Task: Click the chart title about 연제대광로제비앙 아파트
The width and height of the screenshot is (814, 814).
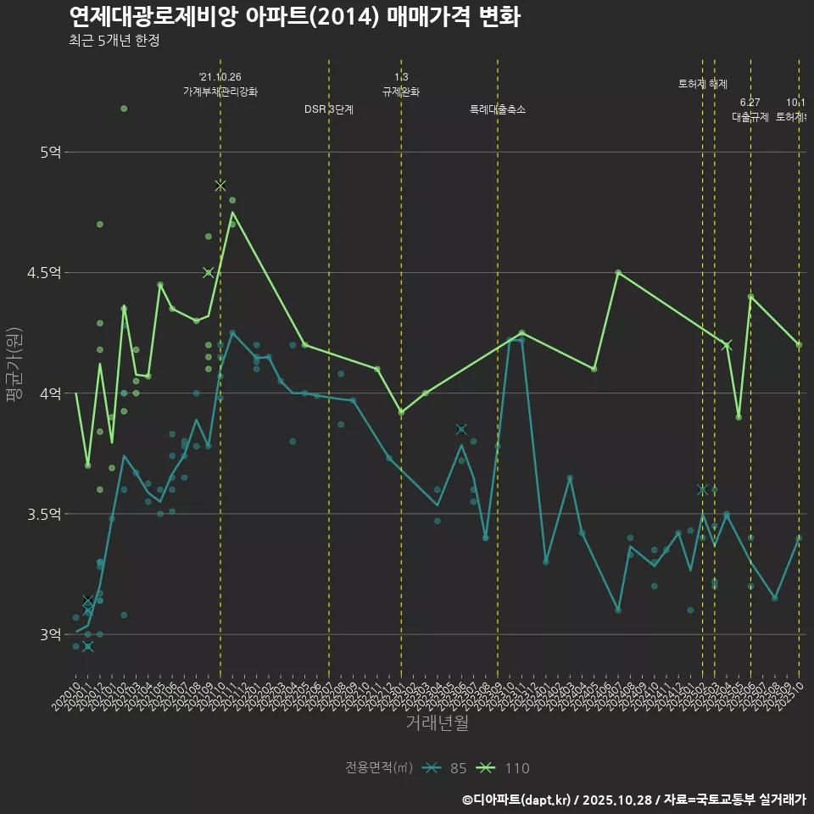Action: (x=294, y=16)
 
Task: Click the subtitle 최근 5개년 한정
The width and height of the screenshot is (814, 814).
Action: (x=114, y=41)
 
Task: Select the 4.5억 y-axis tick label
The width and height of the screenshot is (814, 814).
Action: (x=46, y=273)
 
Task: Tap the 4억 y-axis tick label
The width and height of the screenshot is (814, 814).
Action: (x=50, y=393)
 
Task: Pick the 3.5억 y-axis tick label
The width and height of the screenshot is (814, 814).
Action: (x=46, y=514)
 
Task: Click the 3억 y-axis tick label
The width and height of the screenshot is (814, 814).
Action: (x=50, y=634)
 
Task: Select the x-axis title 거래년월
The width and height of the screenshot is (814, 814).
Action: (x=437, y=723)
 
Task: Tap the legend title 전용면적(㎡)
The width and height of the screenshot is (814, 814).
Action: (x=379, y=768)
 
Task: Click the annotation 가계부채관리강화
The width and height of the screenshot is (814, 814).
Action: (x=220, y=92)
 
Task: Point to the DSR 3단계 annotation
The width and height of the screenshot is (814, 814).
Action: (x=329, y=109)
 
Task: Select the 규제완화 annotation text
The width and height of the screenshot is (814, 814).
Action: (x=401, y=92)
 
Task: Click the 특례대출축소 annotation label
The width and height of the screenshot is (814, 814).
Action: (x=498, y=109)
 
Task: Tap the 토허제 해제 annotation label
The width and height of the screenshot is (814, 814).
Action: (x=703, y=84)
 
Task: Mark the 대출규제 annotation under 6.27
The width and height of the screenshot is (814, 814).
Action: (x=750, y=118)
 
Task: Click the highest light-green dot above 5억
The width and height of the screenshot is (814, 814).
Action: (x=124, y=109)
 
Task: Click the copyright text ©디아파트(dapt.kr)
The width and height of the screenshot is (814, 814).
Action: (x=516, y=799)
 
